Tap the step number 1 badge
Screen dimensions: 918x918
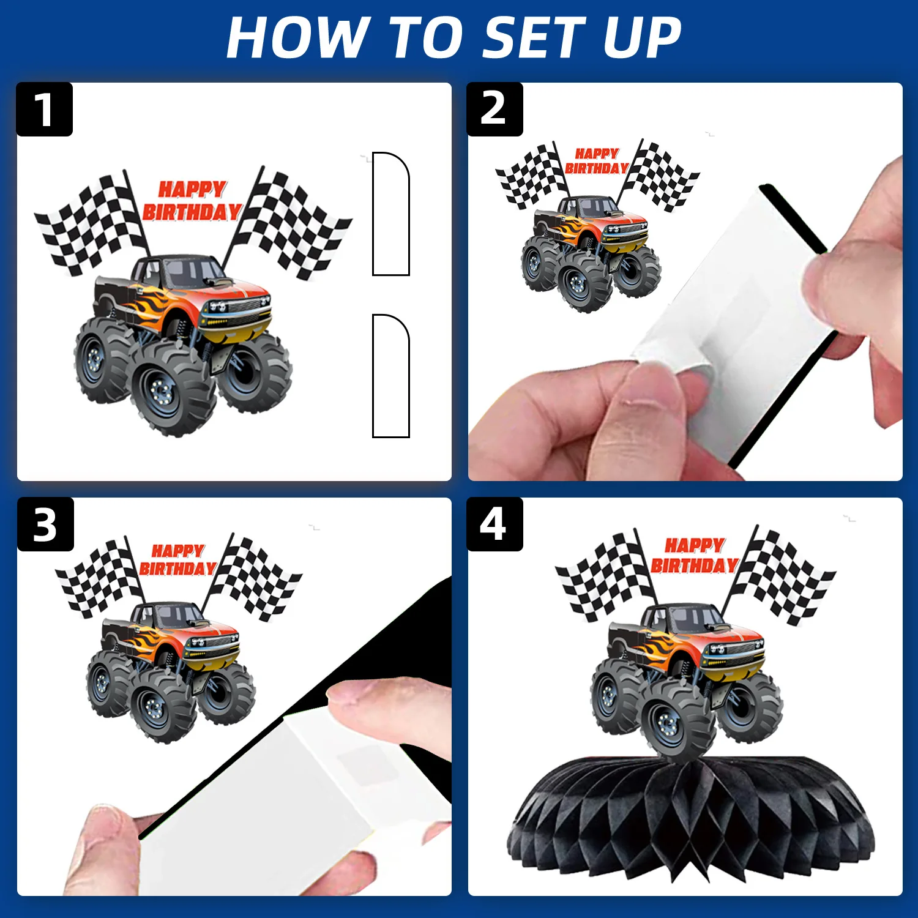44,110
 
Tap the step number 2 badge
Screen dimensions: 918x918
494,110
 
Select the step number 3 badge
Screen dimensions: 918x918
45,524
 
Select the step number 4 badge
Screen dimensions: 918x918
494,524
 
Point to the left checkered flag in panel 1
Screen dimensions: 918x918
92,223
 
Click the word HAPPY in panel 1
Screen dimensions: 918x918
192,189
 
